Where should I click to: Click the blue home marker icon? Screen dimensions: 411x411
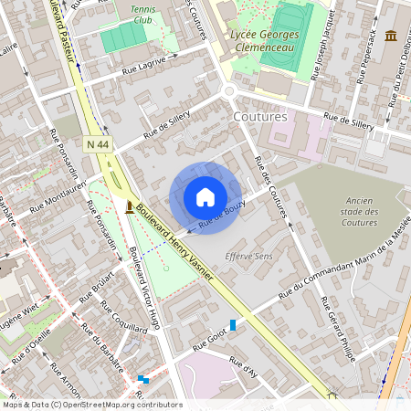[x=205, y=197]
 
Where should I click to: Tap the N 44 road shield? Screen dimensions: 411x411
[x=98, y=144]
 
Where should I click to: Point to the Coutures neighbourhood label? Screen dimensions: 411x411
[x=259, y=117]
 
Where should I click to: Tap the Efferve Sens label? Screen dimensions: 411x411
[x=248, y=257]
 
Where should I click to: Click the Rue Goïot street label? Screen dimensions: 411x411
[x=209, y=337]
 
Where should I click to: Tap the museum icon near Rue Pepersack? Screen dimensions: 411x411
[x=391, y=36]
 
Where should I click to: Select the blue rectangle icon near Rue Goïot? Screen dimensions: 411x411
[x=233, y=324]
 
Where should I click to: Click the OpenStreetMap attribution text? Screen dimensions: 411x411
[x=92, y=405]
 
